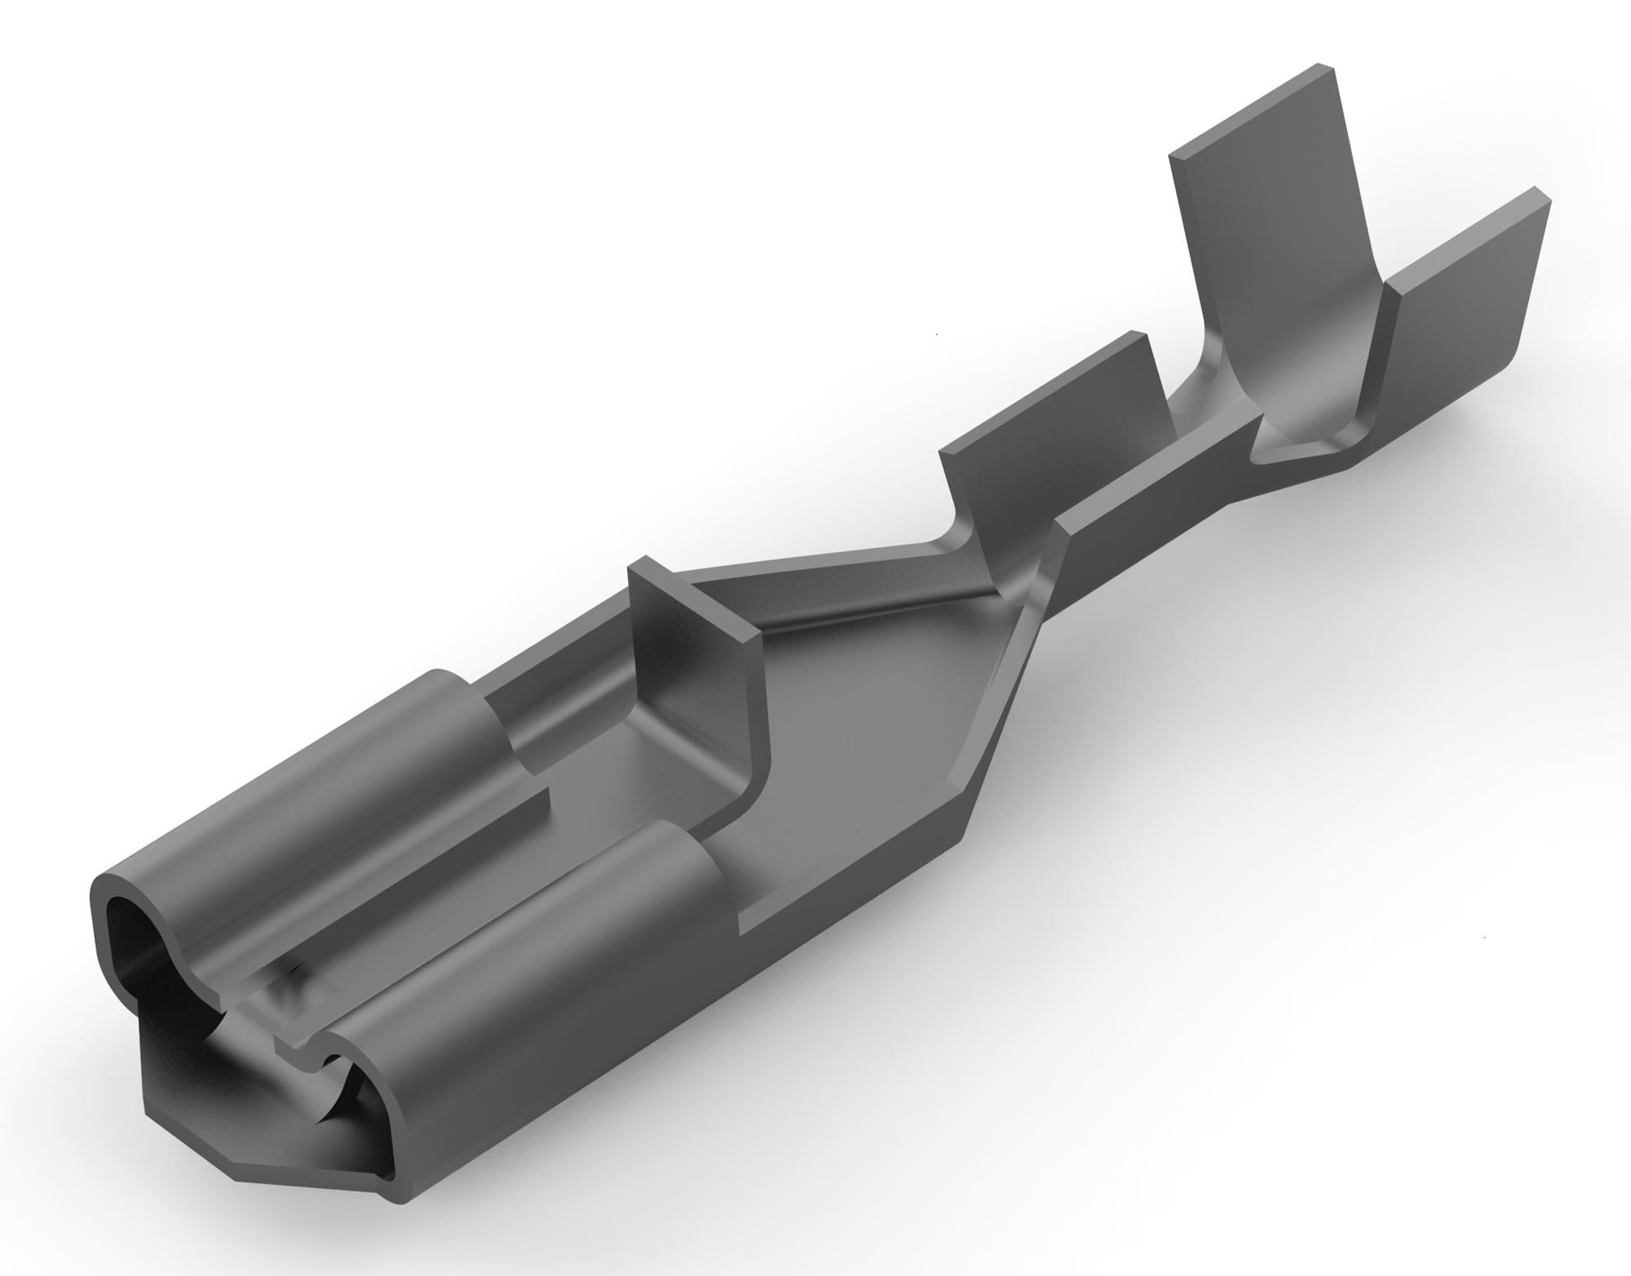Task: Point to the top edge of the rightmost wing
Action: point(1468,236)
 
